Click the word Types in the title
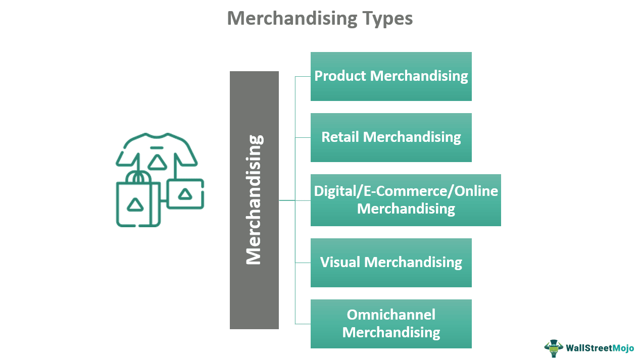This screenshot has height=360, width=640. [387, 18]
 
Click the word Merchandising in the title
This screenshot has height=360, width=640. [292, 18]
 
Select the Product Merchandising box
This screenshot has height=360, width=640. [391, 76]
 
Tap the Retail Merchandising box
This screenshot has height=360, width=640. [391, 137]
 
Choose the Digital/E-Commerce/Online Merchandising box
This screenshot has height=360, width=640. [406, 200]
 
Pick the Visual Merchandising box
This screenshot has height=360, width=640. [391, 263]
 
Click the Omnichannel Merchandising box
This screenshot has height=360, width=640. [391, 324]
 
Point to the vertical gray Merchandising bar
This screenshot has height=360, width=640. [254, 200]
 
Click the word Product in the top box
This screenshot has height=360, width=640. [340, 76]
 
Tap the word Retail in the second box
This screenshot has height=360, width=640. [340, 137]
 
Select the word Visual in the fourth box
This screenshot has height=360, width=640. [340, 262]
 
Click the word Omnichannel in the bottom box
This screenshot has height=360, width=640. [391, 315]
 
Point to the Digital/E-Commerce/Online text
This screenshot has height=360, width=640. [406, 191]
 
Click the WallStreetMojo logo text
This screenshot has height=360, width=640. [600, 348]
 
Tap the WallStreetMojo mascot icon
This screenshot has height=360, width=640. [554, 348]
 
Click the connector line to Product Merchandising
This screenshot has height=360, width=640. [303, 77]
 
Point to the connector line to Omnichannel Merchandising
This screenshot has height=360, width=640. [303, 324]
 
